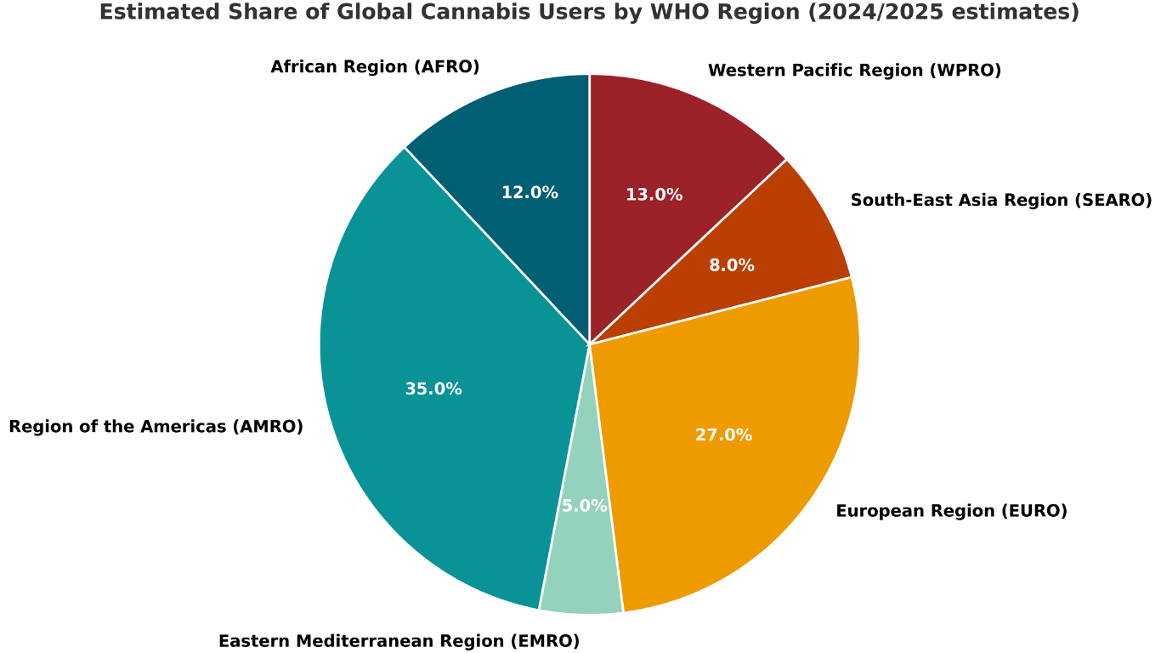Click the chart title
(589, 13)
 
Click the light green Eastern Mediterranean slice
(583, 570)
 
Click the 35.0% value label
(433, 389)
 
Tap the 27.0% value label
(723, 435)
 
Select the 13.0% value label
(654, 195)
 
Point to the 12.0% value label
(530, 193)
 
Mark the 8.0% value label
(732, 265)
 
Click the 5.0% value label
(585, 506)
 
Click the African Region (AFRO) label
(375, 66)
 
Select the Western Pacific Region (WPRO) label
(854, 71)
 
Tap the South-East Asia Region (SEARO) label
(1001, 200)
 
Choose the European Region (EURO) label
(951, 511)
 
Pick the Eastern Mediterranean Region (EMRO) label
(399, 641)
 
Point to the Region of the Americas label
(156, 427)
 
